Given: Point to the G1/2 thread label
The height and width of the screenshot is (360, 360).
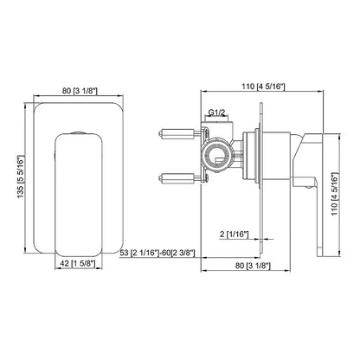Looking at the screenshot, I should coord(219,112).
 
